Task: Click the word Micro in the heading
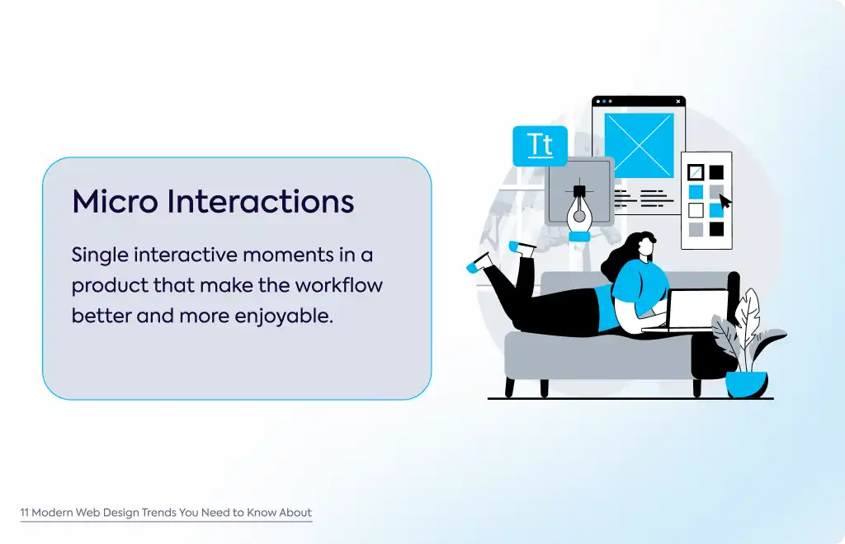click(115, 201)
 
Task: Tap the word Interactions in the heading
click(260, 201)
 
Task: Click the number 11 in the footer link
click(24, 513)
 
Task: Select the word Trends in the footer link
click(159, 513)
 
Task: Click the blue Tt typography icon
click(540, 146)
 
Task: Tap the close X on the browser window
click(678, 101)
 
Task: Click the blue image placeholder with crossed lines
click(640, 145)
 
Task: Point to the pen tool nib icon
click(579, 211)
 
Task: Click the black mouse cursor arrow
click(725, 201)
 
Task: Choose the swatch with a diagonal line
click(696, 172)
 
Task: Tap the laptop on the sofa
click(691, 310)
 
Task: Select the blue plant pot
click(746, 384)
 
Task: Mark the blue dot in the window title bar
click(604, 101)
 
